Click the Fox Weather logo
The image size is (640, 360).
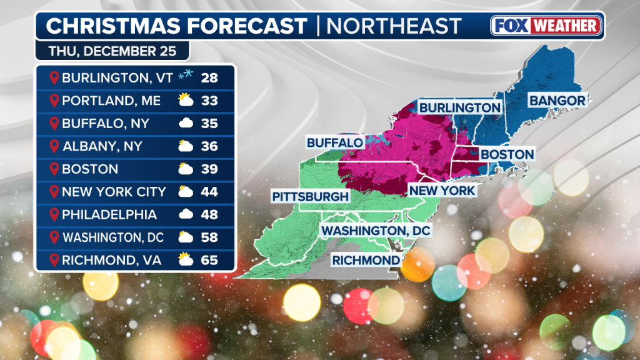click(546, 26)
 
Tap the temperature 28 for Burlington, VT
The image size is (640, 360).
click(209, 77)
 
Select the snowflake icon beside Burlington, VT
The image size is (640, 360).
click(185, 77)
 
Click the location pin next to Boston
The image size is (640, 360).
click(54, 169)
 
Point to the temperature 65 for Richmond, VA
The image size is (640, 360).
click(209, 260)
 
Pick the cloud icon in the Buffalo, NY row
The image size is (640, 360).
click(185, 123)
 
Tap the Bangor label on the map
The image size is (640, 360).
click(557, 100)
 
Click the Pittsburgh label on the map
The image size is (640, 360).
click(310, 196)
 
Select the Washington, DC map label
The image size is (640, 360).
click(376, 231)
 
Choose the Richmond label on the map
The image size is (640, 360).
click(366, 260)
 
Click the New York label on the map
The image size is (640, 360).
click(442, 190)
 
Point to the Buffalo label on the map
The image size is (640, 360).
click(334, 142)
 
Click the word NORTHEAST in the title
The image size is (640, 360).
click(394, 26)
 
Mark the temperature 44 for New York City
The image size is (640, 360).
click(209, 192)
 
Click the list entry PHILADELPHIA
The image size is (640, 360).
click(109, 214)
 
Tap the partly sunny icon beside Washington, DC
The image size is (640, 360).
click(185, 237)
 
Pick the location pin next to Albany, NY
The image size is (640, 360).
click(54, 146)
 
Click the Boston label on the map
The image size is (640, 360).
click(507, 154)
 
